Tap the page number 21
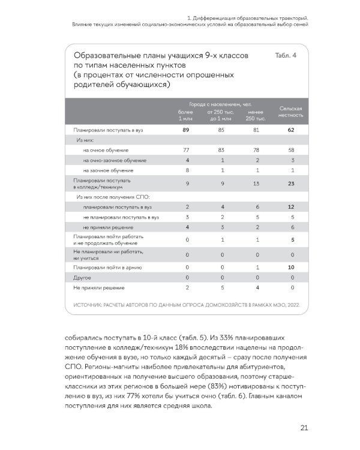pos(304,427)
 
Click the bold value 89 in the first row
pos(186,130)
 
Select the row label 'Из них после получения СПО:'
pos(112,196)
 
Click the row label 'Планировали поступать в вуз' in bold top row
pos(108,130)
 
